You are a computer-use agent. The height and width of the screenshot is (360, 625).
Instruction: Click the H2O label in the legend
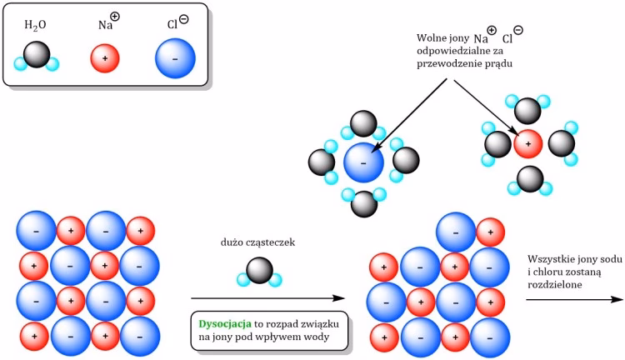pyautogui.click(x=35, y=27)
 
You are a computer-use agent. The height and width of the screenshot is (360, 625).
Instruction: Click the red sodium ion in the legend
pyautogui.click(x=104, y=59)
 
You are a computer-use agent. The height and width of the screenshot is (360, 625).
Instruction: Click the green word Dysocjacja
pyautogui.click(x=224, y=322)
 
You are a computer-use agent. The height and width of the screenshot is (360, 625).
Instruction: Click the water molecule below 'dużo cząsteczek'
pyautogui.click(x=260, y=271)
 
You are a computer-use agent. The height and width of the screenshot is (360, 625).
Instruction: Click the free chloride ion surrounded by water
pyautogui.click(x=363, y=162)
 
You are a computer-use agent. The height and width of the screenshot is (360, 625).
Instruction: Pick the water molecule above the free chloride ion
pyautogui.click(x=363, y=124)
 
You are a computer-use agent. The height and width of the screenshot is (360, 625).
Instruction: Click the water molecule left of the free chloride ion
pyautogui.click(x=323, y=162)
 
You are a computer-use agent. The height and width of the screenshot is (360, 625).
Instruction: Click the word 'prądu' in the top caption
pyautogui.click(x=494, y=63)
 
